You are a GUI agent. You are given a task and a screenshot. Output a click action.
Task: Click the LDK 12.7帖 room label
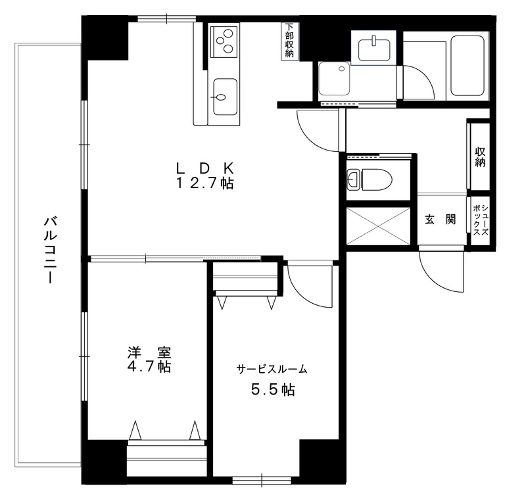(204, 176)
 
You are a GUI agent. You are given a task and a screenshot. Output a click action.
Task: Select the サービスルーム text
(272, 369)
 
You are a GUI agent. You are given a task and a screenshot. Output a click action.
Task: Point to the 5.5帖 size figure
(272, 390)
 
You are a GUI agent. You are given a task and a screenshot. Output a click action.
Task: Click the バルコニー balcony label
(49, 249)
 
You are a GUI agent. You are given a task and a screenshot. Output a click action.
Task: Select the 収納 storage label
(480, 156)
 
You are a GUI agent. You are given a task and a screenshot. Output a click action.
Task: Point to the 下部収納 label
(289, 41)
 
